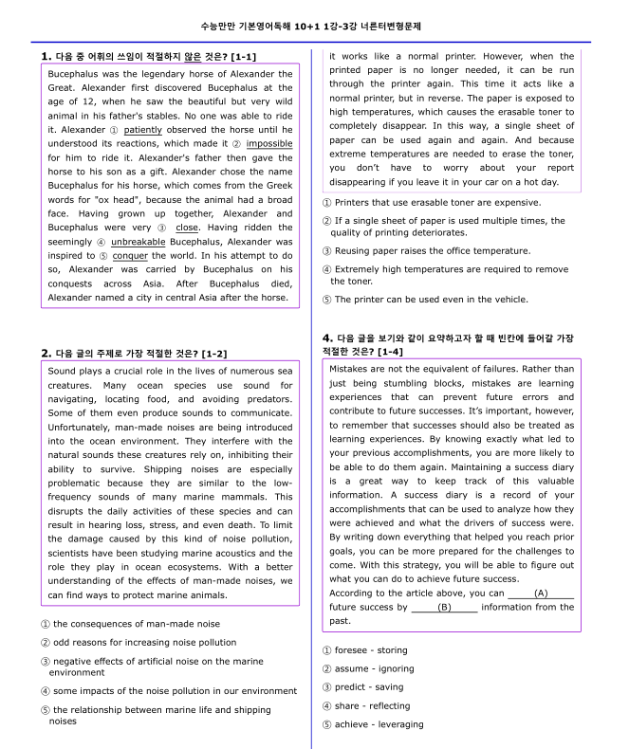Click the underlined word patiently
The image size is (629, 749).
[x=142, y=130]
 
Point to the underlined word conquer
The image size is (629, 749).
[x=130, y=256]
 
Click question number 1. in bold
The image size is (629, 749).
[x=46, y=57]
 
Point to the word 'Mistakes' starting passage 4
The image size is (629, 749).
[x=352, y=369]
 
